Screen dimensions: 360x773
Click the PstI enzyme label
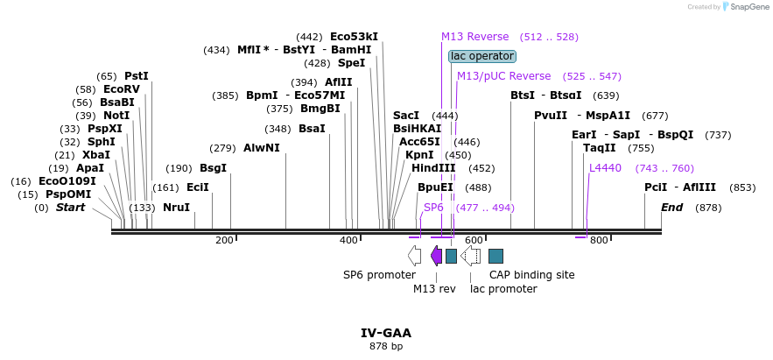coord(137,76)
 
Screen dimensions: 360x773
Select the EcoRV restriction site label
coord(121,89)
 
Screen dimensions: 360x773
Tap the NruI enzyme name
coord(176,208)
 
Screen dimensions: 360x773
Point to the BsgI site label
coord(213,168)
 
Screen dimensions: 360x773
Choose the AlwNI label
coord(262,148)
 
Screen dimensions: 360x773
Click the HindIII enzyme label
coord(433,168)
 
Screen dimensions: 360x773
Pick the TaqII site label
coord(600,148)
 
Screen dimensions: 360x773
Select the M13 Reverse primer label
coord(474,37)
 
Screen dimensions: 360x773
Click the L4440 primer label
coord(605,168)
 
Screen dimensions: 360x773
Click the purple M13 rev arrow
coord(436,255)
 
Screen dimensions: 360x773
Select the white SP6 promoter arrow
coord(414,255)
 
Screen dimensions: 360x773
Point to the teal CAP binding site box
coord(495,256)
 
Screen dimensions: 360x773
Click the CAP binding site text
coord(531,275)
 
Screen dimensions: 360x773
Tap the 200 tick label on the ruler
coord(224,240)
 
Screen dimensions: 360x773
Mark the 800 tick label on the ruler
coord(599,240)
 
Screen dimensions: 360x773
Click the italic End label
coord(671,208)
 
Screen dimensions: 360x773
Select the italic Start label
coord(71,208)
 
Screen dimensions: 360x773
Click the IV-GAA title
coord(385,333)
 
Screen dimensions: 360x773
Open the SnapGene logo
coord(744,6)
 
